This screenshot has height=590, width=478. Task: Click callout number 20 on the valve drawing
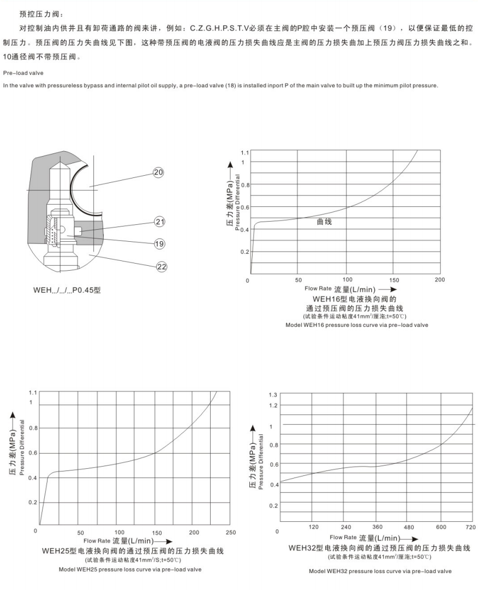[x=158, y=172]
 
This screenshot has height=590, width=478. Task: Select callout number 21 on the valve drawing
[x=160, y=222]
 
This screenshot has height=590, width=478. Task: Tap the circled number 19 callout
[x=160, y=243]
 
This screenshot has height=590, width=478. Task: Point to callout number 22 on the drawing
[x=162, y=266]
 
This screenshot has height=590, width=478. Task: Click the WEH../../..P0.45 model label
[x=68, y=289]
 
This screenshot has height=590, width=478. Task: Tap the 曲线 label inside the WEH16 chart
[x=324, y=222]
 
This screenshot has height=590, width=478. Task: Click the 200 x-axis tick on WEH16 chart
[x=439, y=280]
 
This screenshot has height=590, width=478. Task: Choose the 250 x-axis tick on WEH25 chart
[x=231, y=532]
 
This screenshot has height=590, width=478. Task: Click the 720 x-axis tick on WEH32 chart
[x=470, y=527]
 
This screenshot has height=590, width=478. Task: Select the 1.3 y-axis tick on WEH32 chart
[x=273, y=395]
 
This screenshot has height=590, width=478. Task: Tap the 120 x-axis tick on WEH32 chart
[x=313, y=527]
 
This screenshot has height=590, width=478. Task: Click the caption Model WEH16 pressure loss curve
[x=356, y=325]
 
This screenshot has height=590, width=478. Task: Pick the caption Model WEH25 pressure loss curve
[x=130, y=569]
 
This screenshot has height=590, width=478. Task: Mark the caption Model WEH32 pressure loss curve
[x=380, y=571]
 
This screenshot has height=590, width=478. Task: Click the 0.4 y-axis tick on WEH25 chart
[x=32, y=478]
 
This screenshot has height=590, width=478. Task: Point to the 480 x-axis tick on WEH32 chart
[x=408, y=528]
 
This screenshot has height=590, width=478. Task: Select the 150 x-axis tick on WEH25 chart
[x=157, y=532]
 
